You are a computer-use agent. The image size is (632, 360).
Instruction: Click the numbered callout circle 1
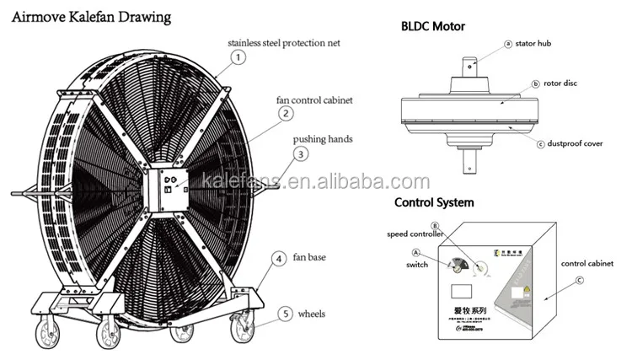pyautogui.click(x=238, y=58)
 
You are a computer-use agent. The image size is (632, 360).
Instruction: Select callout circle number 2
pyautogui.click(x=286, y=113)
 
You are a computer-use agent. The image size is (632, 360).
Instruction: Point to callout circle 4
pyautogui.click(x=277, y=259)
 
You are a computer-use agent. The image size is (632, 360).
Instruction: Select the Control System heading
pyautogui.click(x=434, y=202)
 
